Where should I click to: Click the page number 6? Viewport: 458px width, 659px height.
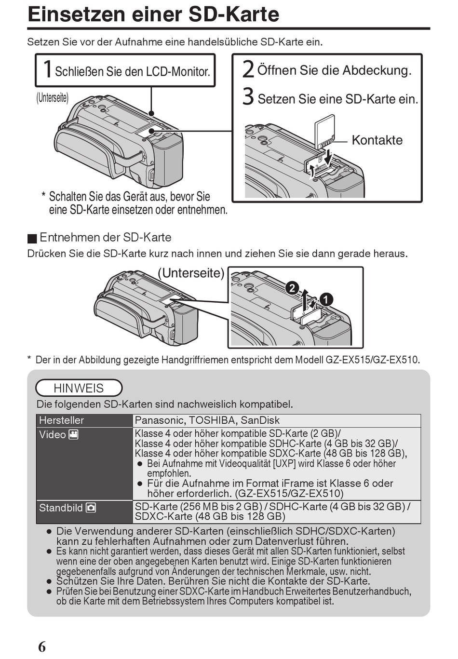[42, 646]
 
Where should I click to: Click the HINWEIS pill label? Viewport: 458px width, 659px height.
[79, 388]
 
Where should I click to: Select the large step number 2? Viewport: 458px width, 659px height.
[248, 69]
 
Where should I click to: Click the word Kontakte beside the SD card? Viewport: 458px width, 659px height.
[377, 140]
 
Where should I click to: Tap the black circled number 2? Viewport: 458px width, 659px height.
[292, 288]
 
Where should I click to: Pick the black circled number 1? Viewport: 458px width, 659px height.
[326, 299]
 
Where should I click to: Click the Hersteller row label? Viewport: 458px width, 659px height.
[61, 420]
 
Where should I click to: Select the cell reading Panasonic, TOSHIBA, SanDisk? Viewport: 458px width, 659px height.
[207, 420]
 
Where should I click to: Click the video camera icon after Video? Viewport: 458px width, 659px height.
[74, 434]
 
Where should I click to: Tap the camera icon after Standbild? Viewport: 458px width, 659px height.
[91, 508]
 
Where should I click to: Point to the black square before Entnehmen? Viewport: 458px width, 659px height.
[32, 238]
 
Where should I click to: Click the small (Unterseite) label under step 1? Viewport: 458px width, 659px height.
[53, 97]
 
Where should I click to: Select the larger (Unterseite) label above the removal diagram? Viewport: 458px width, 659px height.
[191, 273]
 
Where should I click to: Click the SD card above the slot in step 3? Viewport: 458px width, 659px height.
[324, 130]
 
